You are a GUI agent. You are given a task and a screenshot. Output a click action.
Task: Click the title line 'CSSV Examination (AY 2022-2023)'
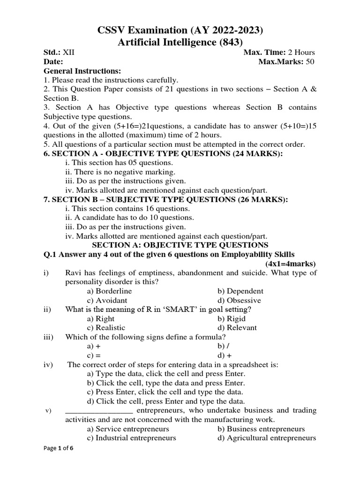coord(180,30)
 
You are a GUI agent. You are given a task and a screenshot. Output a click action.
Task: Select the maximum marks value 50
coord(310,62)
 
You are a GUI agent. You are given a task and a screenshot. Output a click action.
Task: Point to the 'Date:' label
coord(53,62)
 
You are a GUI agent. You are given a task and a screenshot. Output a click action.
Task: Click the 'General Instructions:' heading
coord(82,71)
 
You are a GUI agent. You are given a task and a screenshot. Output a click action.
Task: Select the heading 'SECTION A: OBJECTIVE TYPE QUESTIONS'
coord(180,245)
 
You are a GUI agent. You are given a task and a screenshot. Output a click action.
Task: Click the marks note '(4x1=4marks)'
coord(291,263)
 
